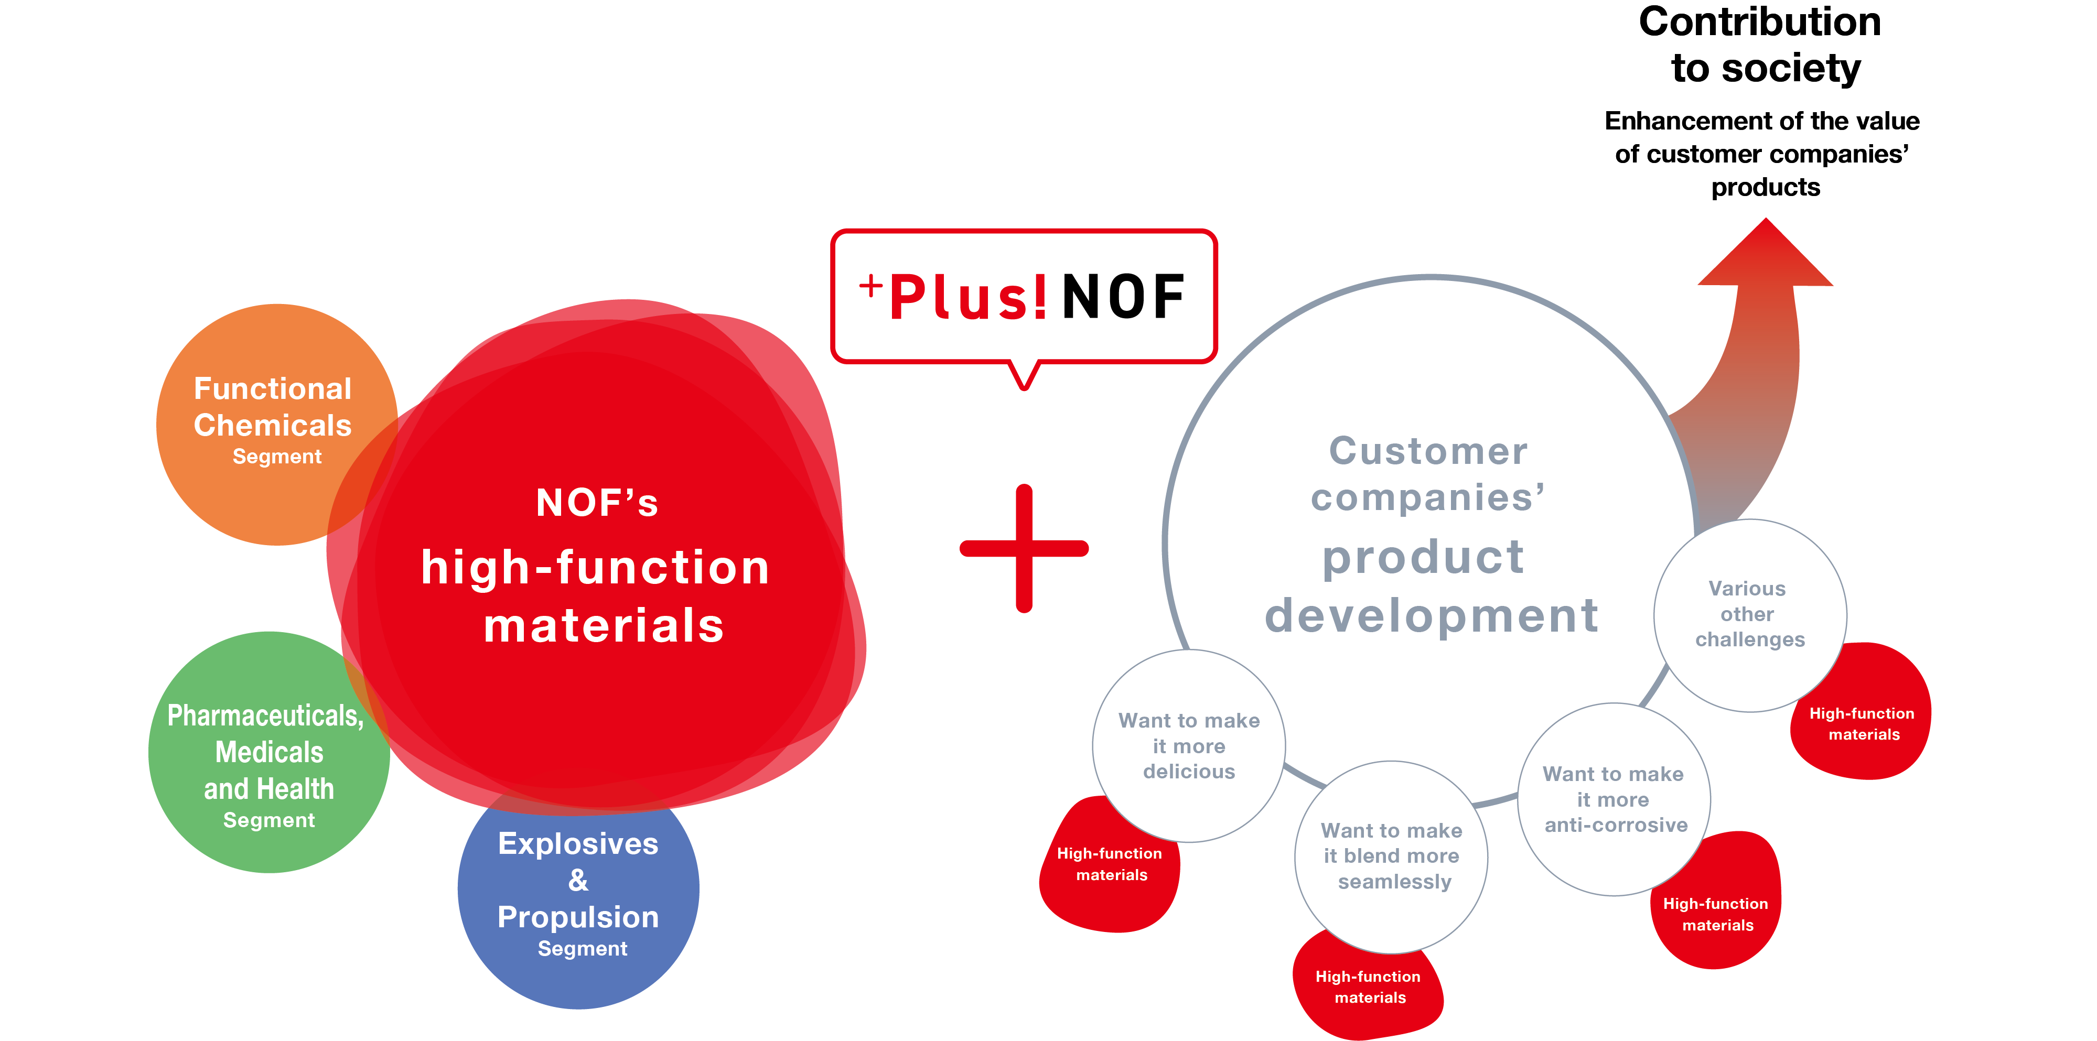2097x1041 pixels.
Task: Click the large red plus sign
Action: pyautogui.click(x=1024, y=548)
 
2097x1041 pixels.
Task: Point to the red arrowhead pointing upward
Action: pyautogui.click(x=1765, y=256)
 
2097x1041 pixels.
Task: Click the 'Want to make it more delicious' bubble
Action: pyautogui.click(x=1189, y=745)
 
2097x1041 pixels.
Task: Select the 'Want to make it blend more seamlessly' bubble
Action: pyautogui.click(x=1391, y=856)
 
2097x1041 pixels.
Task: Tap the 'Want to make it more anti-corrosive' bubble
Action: pyautogui.click(x=1614, y=799)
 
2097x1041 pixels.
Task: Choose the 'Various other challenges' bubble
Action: pyautogui.click(x=1749, y=614)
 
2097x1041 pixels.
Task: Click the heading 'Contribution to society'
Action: pyautogui.click(x=1761, y=45)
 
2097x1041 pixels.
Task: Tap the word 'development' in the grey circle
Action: pyautogui.click(x=1431, y=615)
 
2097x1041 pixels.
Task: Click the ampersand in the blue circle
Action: pyautogui.click(x=578, y=881)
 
